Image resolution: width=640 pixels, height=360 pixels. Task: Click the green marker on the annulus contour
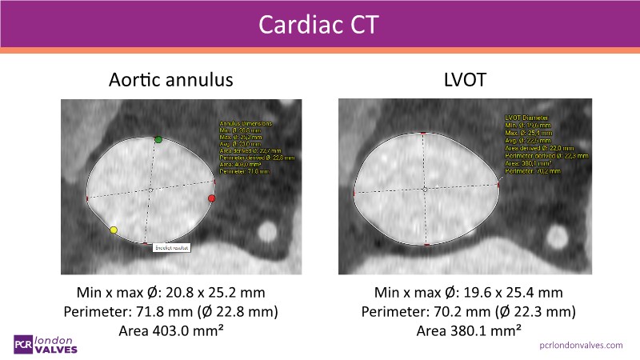click(158, 140)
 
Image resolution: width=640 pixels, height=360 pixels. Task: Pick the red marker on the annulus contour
click(212, 198)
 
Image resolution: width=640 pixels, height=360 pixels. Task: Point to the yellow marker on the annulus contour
click(114, 230)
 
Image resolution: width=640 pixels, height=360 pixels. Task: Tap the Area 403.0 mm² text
click(171, 330)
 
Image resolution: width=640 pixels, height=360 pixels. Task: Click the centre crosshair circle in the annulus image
click(150, 190)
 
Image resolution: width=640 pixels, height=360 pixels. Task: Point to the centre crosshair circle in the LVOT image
click(425, 190)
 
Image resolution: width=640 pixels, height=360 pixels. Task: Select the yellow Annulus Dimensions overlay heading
click(246, 124)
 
